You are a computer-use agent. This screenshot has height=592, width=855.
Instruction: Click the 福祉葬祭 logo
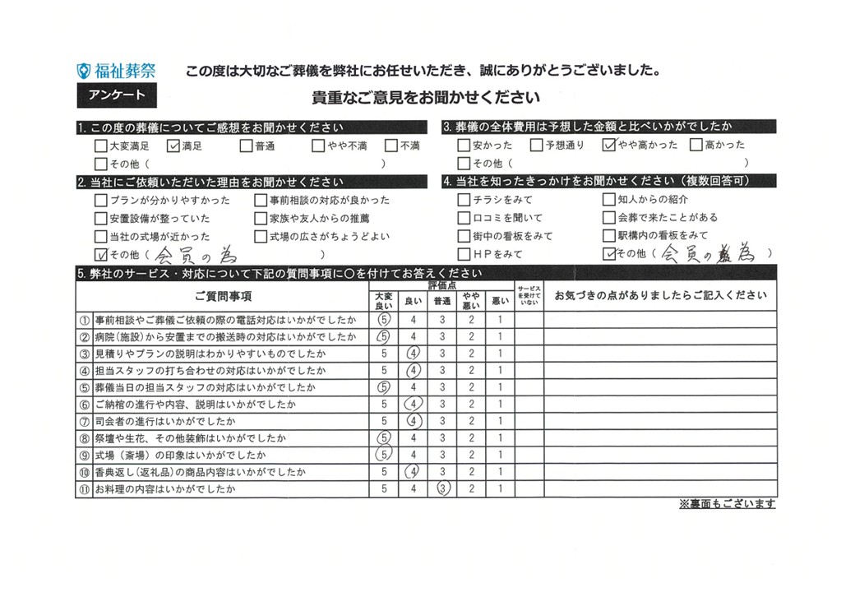[x=114, y=71]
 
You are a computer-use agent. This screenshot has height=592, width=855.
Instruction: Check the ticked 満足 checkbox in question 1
[x=173, y=146]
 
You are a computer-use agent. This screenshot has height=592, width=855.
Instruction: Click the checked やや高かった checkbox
[x=608, y=146]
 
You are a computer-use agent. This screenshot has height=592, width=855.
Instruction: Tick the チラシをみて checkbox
[x=464, y=200]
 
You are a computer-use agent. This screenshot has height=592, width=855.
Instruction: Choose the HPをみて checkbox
[x=464, y=254]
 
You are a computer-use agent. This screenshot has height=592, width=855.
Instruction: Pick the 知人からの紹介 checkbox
[x=608, y=200]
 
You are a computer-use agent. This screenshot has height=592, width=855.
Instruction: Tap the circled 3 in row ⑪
[x=442, y=489]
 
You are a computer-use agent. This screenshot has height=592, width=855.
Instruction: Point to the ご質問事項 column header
[x=224, y=296]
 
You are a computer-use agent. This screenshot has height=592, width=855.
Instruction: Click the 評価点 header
[x=442, y=285]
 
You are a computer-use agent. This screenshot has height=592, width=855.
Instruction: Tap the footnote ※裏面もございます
[x=727, y=504]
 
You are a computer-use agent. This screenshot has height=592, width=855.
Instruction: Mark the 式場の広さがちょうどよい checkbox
[x=261, y=236]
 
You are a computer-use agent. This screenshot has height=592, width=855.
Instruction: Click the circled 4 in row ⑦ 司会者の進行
[x=414, y=420]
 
